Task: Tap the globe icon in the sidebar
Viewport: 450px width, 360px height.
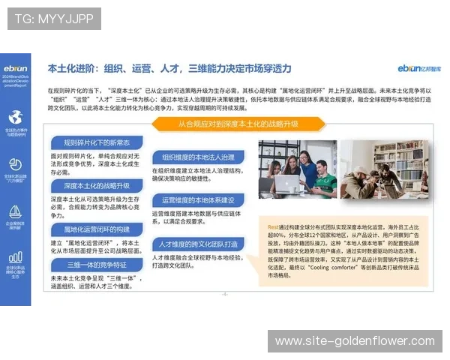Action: point(15,117)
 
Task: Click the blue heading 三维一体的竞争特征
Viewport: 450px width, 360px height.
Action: point(96,264)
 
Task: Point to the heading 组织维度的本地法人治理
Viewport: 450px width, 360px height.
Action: point(198,157)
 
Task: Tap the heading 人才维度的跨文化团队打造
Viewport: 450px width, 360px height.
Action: point(199,244)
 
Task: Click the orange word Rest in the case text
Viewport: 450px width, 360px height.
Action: point(274,226)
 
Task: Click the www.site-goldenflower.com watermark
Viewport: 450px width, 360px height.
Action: point(354,341)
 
